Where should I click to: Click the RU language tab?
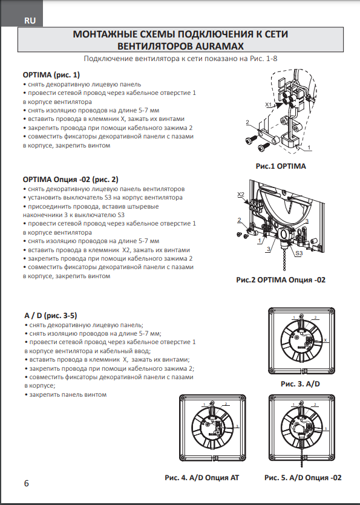click(x=30, y=21)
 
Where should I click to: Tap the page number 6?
click(x=27, y=483)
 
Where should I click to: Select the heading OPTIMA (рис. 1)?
click(x=51, y=75)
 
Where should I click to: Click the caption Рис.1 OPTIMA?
click(x=281, y=166)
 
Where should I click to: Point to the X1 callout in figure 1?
click(x=269, y=105)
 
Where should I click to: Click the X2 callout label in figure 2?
click(x=241, y=195)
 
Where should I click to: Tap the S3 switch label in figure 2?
click(x=299, y=253)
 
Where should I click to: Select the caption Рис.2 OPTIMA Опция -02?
click(x=281, y=279)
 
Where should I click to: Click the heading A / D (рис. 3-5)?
click(x=51, y=315)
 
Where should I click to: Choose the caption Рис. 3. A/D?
click(x=300, y=384)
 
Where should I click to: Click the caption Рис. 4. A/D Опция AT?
click(x=202, y=478)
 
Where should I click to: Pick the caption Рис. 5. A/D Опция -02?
click(x=303, y=478)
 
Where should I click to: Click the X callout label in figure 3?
click(x=325, y=340)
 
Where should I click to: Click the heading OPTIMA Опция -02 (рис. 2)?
click(x=71, y=180)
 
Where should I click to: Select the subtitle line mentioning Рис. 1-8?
click(x=180, y=59)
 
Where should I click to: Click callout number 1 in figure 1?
click(x=309, y=148)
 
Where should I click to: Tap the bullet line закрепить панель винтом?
click(x=65, y=394)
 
